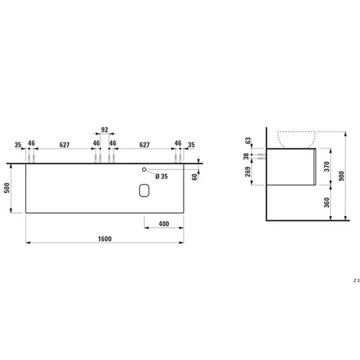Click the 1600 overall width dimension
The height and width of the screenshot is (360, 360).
coord(105,239)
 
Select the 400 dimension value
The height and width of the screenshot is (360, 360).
coord(164,224)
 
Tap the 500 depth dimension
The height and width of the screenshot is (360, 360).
coord(7,188)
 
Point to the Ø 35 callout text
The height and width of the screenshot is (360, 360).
coord(161,176)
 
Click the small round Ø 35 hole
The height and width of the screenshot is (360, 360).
coord(144,169)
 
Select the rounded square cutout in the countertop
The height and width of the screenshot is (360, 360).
coord(144,191)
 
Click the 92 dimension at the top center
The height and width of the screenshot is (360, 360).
coord(104,130)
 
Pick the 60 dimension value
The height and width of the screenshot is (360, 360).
coord(194,177)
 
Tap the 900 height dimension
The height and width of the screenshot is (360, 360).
coord(342,176)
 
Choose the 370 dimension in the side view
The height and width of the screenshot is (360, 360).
coord(327,166)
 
